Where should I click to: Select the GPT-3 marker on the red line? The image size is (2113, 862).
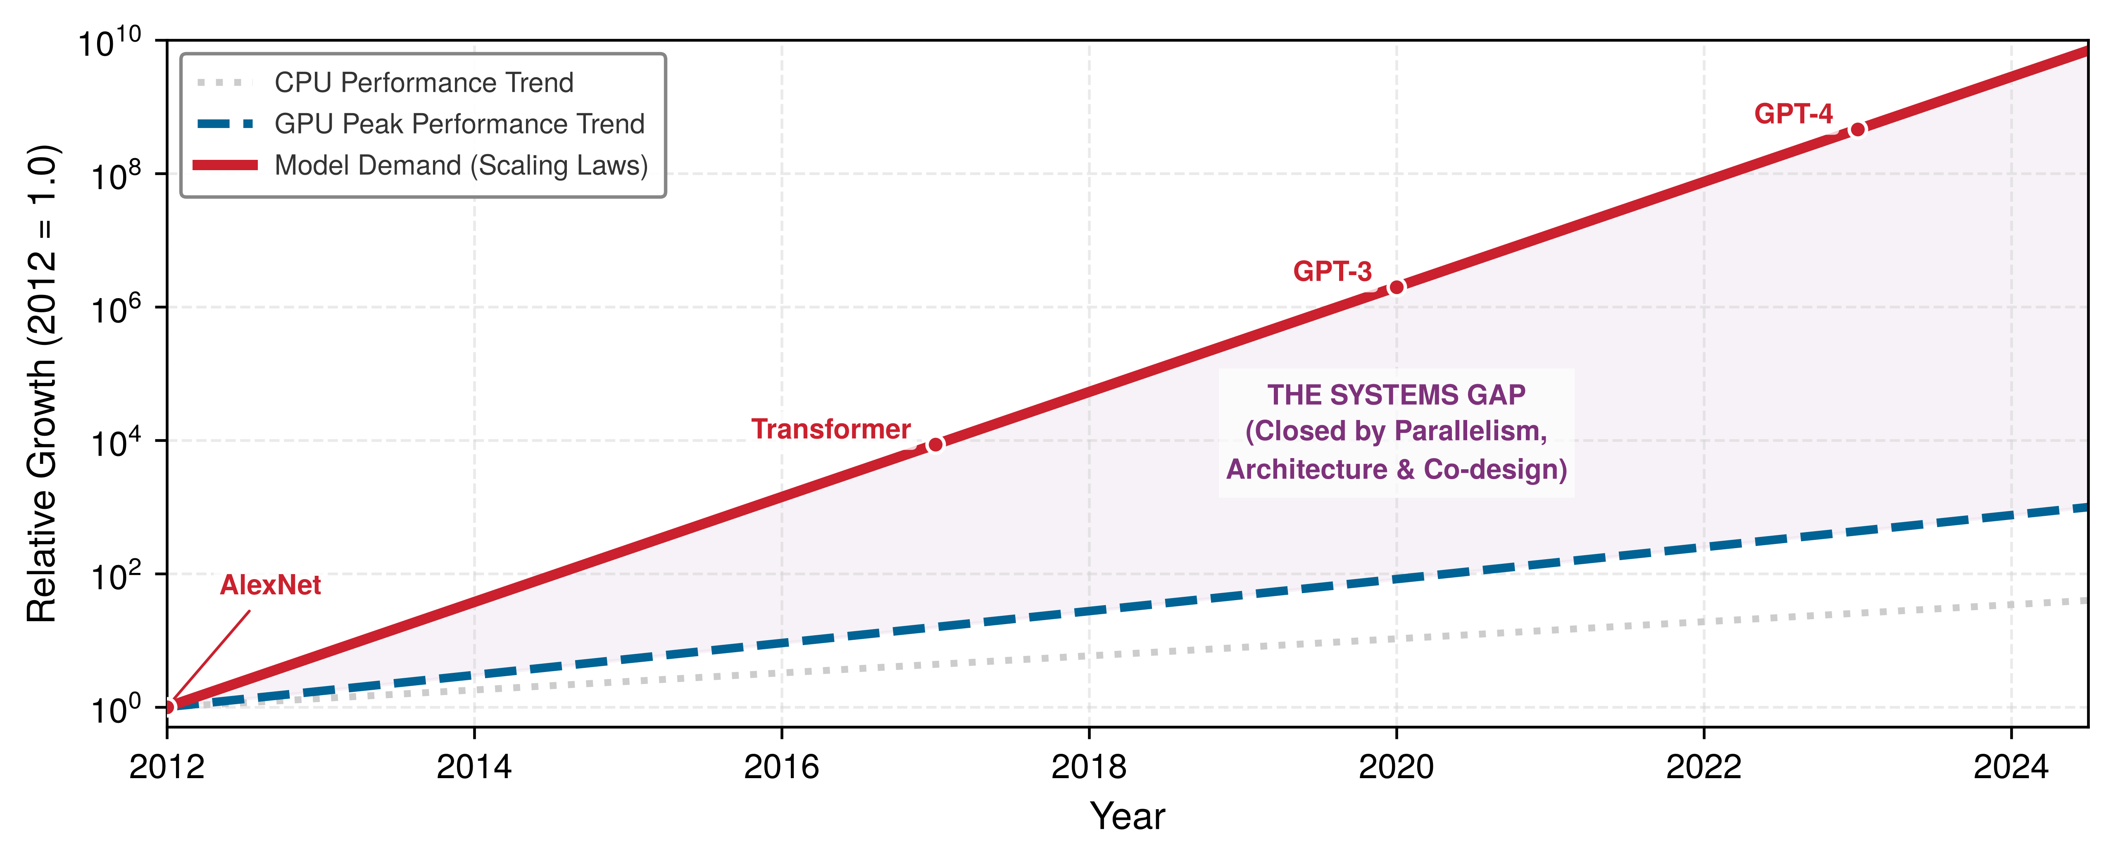tap(1396, 287)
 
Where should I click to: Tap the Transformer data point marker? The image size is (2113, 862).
tap(935, 444)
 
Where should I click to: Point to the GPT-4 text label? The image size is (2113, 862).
tap(1793, 114)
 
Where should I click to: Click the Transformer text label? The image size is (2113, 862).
tap(831, 429)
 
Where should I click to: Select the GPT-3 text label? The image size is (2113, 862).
tap(1332, 271)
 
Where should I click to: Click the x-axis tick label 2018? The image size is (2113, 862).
tap(1088, 767)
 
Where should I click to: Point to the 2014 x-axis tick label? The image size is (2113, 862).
tap(474, 767)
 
